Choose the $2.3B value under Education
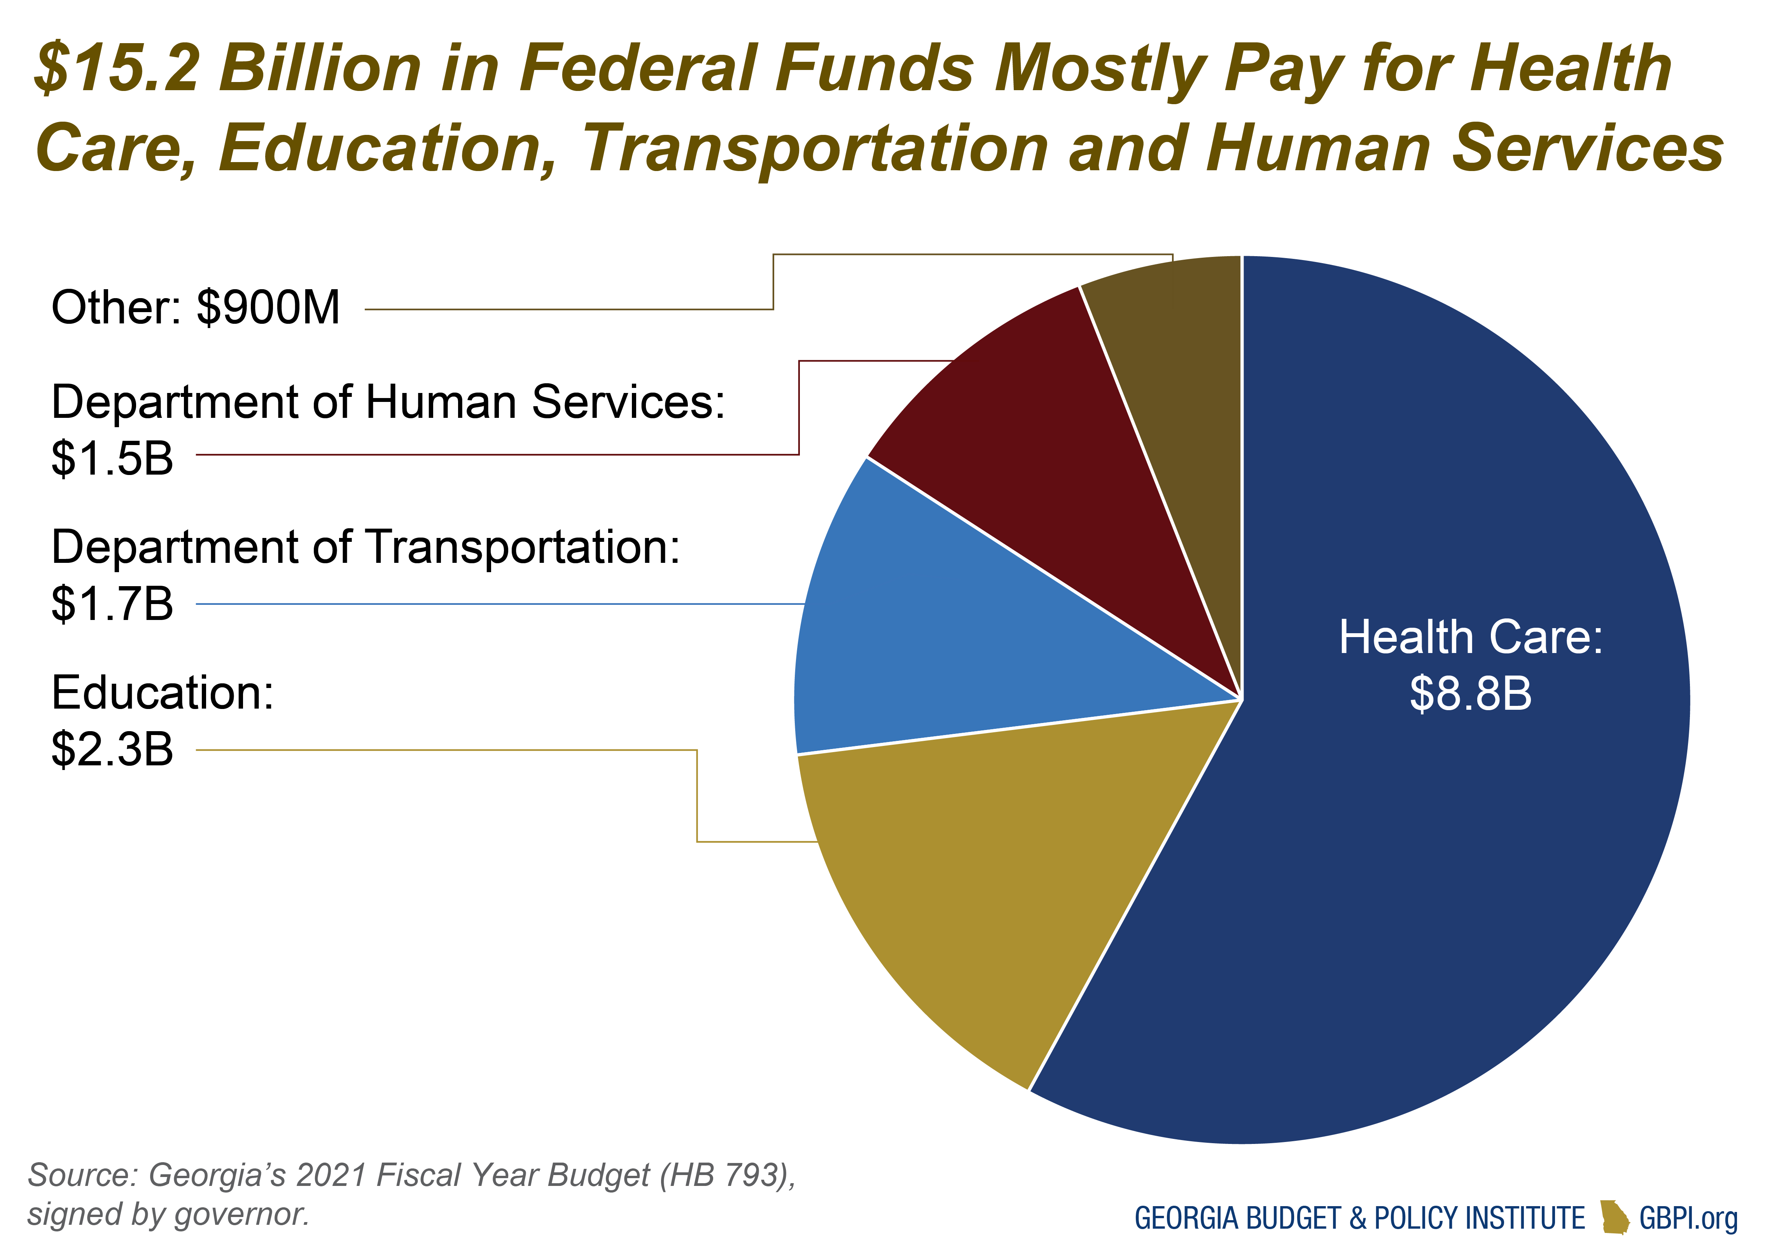click(112, 749)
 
